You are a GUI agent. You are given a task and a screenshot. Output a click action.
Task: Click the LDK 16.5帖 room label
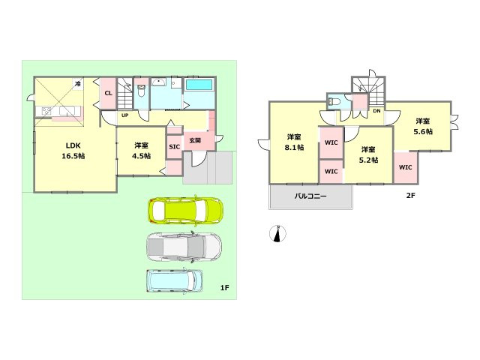pyautogui.click(x=73, y=151)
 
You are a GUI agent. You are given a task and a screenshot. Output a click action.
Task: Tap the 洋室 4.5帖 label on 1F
pyautogui.click(x=141, y=151)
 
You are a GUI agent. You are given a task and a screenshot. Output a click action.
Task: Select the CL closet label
pyautogui.click(x=108, y=93)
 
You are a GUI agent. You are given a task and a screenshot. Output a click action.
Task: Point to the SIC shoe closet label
pyautogui.click(x=175, y=147)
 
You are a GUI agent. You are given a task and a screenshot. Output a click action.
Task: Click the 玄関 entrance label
pyautogui.click(x=195, y=140)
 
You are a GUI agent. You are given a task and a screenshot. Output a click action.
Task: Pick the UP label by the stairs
pyautogui.click(x=125, y=115)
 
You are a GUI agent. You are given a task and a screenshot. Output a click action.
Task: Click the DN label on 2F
pyautogui.click(x=376, y=111)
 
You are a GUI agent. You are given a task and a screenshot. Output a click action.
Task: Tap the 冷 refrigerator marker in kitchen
pyautogui.click(x=78, y=83)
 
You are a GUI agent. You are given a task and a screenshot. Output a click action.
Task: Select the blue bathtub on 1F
pyautogui.click(x=199, y=85)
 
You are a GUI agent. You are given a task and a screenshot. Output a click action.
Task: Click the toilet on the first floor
pyautogui.click(x=141, y=91)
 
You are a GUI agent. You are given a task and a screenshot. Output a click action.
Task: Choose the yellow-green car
pyautogui.click(x=185, y=210)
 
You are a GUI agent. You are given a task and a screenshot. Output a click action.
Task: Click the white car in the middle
pyautogui.click(x=184, y=247)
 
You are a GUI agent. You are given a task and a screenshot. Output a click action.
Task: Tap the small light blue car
pyautogui.click(x=175, y=281)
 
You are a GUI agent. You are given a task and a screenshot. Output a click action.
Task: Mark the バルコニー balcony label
pyautogui.click(x=310, y=196)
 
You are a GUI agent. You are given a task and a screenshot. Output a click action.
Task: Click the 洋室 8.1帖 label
pyautogui.click(x=294, y=142)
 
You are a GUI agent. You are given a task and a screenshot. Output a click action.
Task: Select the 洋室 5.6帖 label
pyautogui.click(x=423, y=127)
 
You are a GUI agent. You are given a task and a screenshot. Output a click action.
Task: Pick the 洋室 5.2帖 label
pyautogui.click(x=368, y=154)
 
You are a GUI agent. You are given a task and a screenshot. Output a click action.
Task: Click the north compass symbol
pyautogui.click(x=277, y=234)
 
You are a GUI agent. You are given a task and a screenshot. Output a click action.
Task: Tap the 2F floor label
pyautogui.click(x=410, y=195)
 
